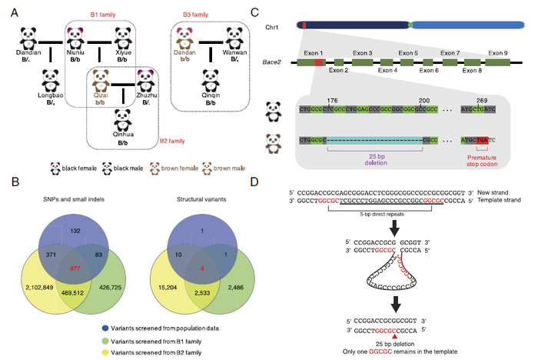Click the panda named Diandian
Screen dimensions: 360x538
(28, 37)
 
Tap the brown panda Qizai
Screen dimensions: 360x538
(101, 80)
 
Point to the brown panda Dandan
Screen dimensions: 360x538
(184, 37)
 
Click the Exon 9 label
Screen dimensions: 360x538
(500, 54)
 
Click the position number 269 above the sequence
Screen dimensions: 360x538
(480, 100)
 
